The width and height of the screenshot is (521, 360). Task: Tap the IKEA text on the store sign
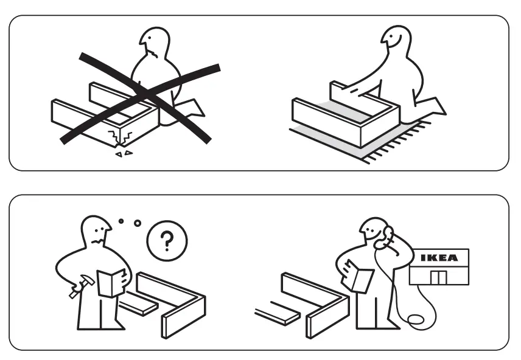pos(439,258)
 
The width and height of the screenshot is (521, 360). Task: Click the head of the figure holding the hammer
pos(96,230)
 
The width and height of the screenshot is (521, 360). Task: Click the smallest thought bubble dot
pos(121,221)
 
